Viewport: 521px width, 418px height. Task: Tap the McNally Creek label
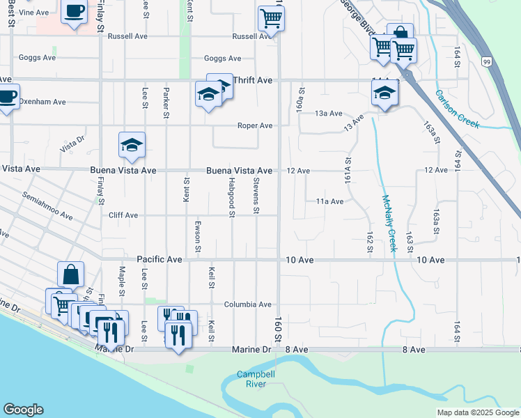(389, 223)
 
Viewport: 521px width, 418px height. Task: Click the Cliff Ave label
(123, 215)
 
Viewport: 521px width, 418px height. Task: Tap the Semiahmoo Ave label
(47, 206)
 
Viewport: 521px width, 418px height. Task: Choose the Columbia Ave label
(247, 304)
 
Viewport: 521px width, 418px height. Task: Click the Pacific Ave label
(160, 259)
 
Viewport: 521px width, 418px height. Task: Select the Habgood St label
(231, 195)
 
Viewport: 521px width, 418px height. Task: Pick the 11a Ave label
(330, 201)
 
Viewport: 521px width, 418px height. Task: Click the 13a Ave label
(329, 113)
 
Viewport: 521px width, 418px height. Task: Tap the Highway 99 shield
(485, 62)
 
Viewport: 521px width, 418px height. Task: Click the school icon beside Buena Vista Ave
(132, 145)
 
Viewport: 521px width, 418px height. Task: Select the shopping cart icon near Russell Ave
(271, 18)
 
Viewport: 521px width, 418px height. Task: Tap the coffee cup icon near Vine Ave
(75, 12)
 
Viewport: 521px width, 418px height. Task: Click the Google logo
(23, 410)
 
